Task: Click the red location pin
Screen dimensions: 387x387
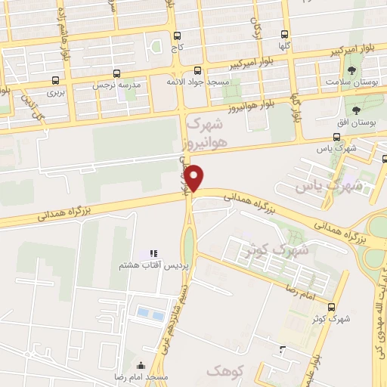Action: (195, 177)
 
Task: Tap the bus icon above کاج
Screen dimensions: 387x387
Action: (177, 36)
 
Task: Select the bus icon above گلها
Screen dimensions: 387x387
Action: (284, 34)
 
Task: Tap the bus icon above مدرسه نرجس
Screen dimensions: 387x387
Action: (116, 73)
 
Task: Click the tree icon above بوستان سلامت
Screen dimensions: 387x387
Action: (353, 70)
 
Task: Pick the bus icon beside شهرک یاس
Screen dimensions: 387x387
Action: (337, 137)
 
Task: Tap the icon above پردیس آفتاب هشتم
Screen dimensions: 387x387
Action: (152, 253)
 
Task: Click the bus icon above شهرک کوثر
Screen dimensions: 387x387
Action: (334, 306)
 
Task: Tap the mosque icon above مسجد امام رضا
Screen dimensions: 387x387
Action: (141, 365)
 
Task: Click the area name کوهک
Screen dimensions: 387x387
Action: (221, 370)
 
